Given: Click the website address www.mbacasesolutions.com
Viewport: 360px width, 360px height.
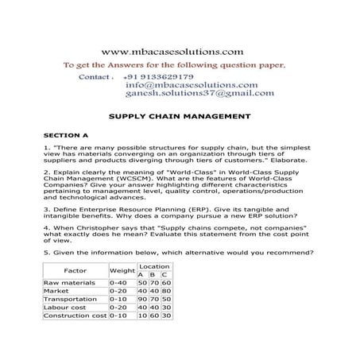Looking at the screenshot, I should pyautogui.click(x=178, y=50).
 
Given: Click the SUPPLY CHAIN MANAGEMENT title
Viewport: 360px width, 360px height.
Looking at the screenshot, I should pyautogui.click(x=179, y=116).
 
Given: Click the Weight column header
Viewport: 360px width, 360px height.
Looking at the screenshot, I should pyautogui.click(x=121, y=271).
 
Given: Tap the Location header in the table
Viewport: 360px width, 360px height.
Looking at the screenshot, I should pyautogui.click(x=153, y=266).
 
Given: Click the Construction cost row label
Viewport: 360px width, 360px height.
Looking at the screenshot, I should pyautogui.click(x=75, y=315).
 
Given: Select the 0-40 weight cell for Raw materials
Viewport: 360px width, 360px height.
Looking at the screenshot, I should pyautogui.click(x=119, y=283).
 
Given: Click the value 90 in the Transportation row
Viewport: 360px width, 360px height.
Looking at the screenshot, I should pyautogui.click(x=141, y=300).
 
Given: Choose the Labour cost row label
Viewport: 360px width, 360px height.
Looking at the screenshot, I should pyautogui.click(x=65, y=308).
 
